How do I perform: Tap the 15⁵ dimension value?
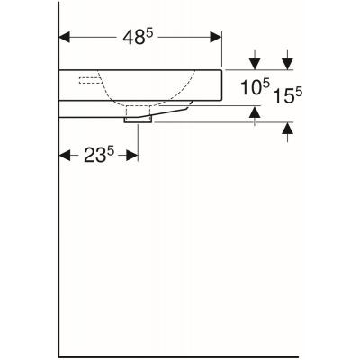[x=288, y=93]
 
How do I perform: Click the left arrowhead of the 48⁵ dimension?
[x=65, y=38]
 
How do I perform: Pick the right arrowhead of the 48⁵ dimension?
[x=216, y=38]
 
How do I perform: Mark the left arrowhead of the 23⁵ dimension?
[x=65, y=156]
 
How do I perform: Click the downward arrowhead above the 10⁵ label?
[x=256, y=63]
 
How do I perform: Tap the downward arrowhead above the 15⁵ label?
[x=287, y=63]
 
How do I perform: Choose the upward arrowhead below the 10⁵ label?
[x=256, y=112]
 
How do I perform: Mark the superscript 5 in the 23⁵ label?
[x=111, y=150]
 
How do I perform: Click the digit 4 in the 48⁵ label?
[x=128, y=40]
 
